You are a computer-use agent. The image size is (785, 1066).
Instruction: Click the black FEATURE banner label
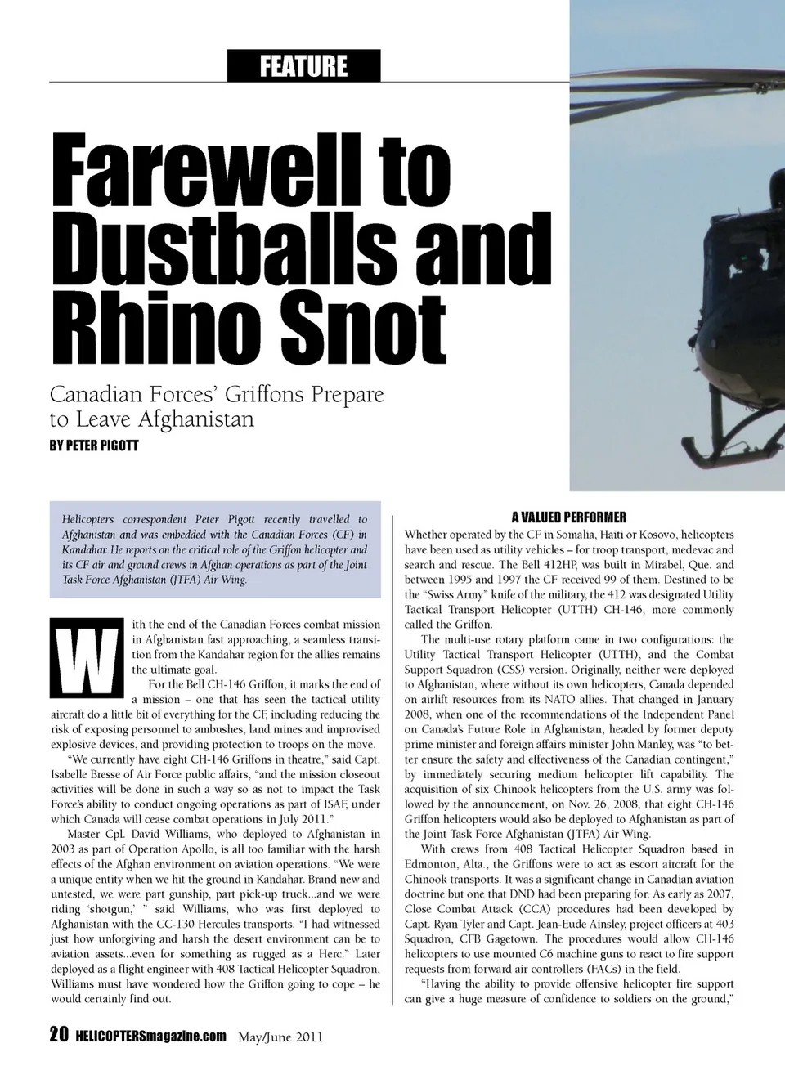[x=303, y=65]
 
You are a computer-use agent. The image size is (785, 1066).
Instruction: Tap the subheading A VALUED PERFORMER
[x=569, y=517]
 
